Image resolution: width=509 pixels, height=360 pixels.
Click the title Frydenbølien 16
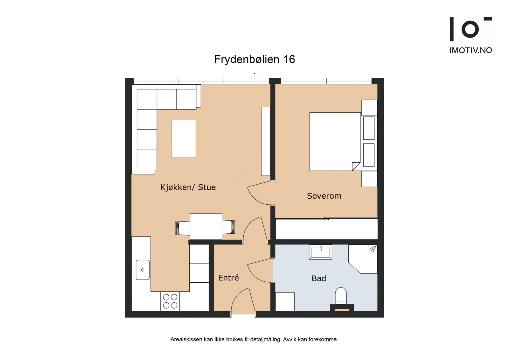click(254, 59)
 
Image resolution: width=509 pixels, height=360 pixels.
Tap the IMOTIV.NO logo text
click(470, 50)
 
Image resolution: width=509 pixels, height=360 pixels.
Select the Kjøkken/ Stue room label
click(188, 187)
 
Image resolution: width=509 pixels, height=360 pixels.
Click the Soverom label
click(324, 196)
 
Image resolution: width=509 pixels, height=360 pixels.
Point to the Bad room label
click(318, 279)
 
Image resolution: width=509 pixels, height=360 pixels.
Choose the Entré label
click(228, 278)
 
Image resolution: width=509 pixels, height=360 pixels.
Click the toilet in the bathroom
click(341, 295)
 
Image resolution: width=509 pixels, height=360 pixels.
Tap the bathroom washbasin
click(320, 252)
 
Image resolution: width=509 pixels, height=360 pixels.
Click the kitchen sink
click(143, 270)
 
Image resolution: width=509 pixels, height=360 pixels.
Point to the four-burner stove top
click(170, 301)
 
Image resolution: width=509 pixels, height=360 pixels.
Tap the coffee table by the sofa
click(184, 139)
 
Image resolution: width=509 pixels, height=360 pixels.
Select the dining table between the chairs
click(206, 226)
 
